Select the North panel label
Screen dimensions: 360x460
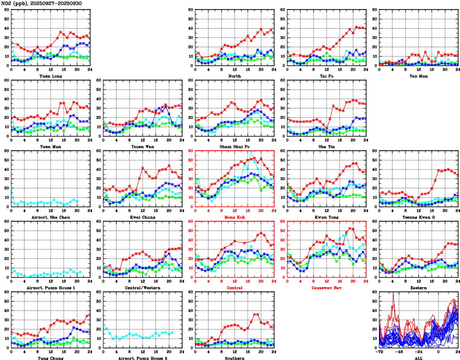click(x=235, y=76)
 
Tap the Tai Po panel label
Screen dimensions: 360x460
click(x=327, y=76)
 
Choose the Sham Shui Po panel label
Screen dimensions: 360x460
click(x=235, y=146)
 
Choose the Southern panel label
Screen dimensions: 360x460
click(x=235, y=358)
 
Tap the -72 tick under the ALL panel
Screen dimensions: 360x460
click(x=379, y=353)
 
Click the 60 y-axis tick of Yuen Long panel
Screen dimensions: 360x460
click(x=6, y=10)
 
